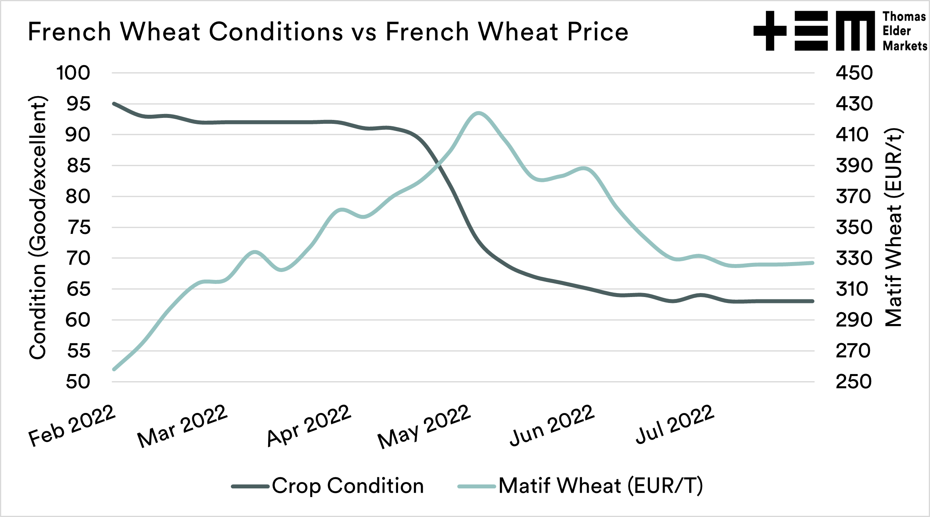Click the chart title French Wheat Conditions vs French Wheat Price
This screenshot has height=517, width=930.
(x=328, y=32)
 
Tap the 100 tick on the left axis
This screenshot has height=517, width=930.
(x=73, y=73)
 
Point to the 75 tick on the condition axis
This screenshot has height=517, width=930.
(x=79, y=228)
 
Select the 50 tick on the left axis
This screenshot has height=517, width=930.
(x=79, y=382)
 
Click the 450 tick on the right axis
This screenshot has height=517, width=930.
(x=854, y=73)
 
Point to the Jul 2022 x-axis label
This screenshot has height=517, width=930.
(x=675, y=425)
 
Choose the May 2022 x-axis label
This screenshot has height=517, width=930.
(x=424, y=427)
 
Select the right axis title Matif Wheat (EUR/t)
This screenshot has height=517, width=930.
(x=893, y=228)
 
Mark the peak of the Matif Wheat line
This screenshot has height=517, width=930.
(x=479, y=113)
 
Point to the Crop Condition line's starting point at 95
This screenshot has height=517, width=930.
(x=114, y=104)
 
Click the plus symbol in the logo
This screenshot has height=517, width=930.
(x=770, y=31)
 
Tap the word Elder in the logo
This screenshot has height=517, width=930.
(x=896, y=31)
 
